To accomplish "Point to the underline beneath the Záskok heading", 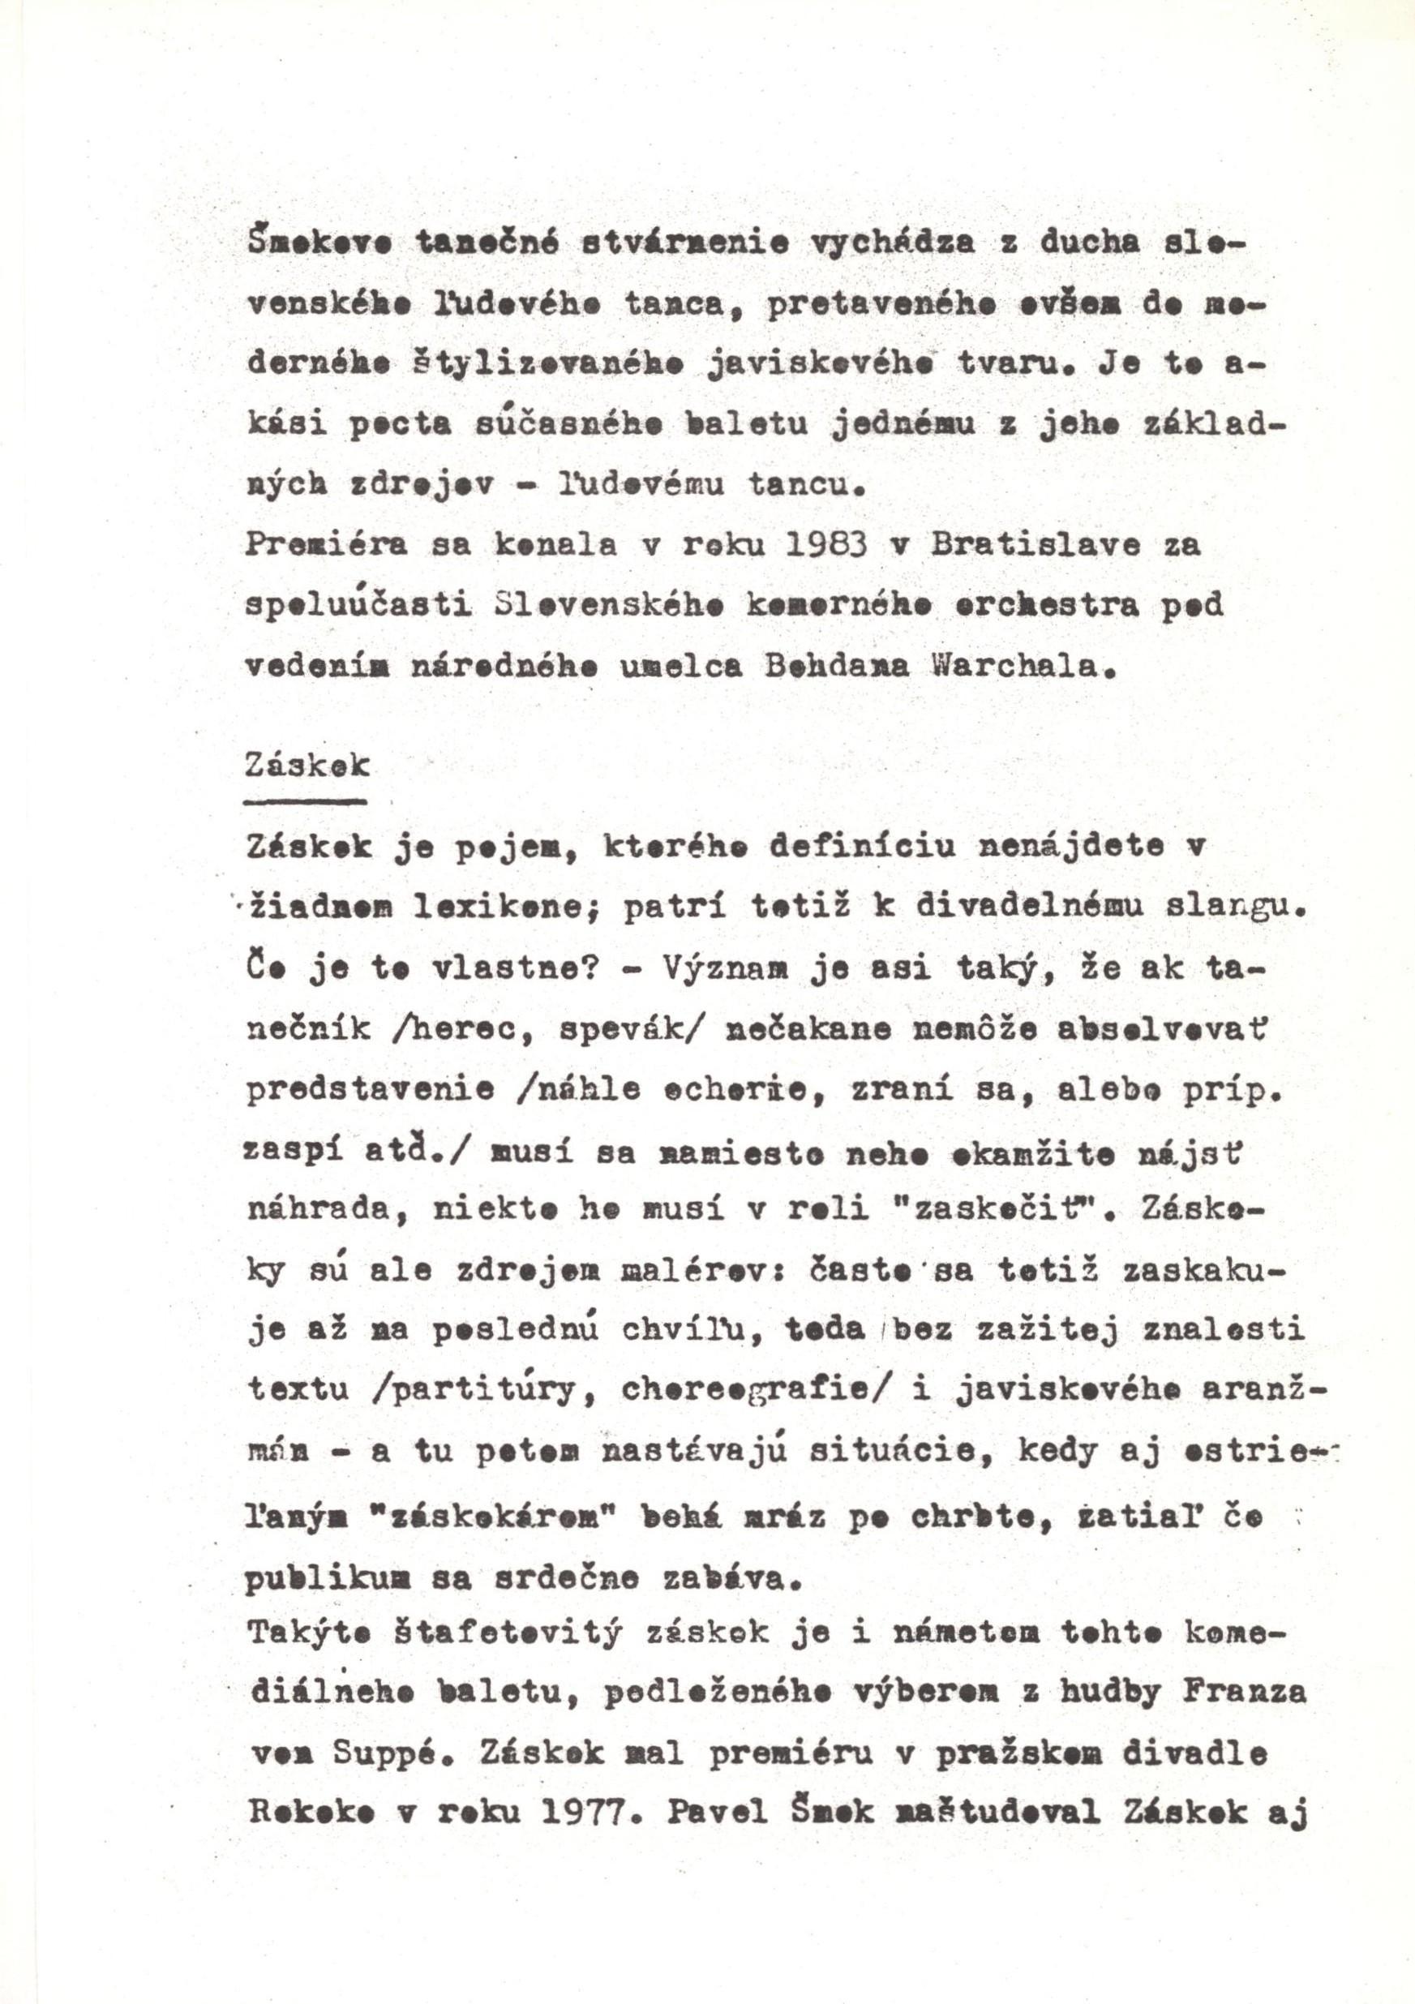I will (x=307, y=800).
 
